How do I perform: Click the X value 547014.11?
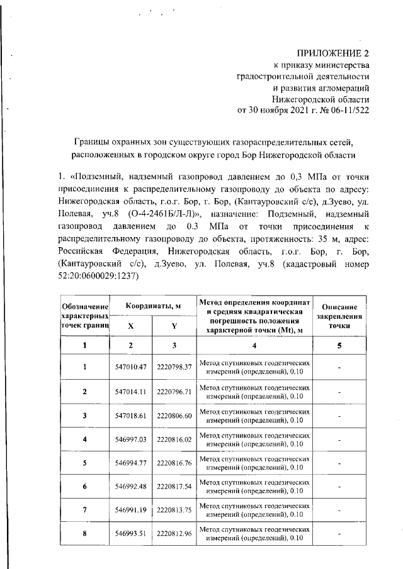[x=130, y=391]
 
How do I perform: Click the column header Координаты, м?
[x=152, y=305]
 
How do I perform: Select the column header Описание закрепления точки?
[x=339, y=313]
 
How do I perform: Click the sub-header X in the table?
[x=130, y=327]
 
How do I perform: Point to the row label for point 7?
[x=85, y=510]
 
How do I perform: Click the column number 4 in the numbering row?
[x=255, y=345]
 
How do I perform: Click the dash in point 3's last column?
[x=339, y=416]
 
